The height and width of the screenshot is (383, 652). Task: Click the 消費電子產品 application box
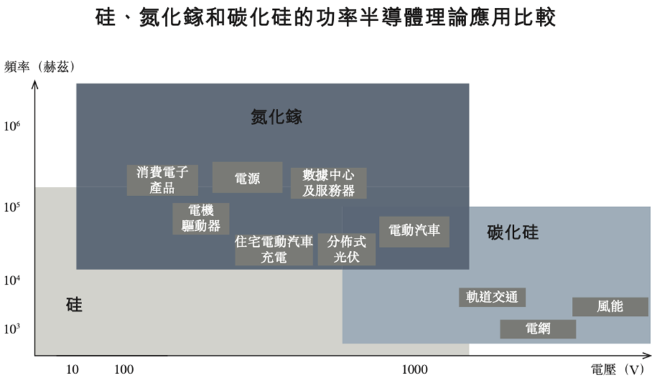pos(162,180)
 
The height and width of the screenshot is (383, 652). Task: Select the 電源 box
pos(247,177)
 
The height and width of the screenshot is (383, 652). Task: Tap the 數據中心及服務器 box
pos(329,183)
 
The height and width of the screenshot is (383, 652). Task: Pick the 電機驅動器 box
pos(201,218)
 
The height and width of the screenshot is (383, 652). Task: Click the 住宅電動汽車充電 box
pos(274,249)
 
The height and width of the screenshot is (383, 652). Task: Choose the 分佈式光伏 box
pos(347,249)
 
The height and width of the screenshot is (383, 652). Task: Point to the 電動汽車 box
pos(414,231)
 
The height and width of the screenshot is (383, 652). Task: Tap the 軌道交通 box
pos(492,297)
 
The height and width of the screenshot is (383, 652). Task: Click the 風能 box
pos(610,307)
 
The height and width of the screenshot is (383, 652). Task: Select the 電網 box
pos(538,329)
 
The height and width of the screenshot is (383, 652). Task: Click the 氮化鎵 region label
pos(276,117)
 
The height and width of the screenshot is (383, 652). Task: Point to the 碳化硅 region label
pos(512,232)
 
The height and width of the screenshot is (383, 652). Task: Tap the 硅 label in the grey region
pos(74,305)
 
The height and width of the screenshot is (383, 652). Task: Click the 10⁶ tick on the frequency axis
pos(12,126)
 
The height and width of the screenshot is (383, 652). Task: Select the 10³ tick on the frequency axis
pos(12,329)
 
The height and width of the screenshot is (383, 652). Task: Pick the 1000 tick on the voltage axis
pos(414,369)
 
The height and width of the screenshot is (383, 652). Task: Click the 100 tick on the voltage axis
pos(124,369)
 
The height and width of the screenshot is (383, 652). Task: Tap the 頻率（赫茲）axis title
pos(40,66)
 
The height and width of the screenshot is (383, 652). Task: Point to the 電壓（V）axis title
pos(617,369)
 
